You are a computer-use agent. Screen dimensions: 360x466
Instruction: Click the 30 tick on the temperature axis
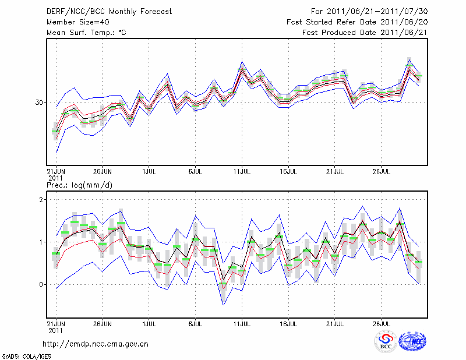click(x=40, y=103)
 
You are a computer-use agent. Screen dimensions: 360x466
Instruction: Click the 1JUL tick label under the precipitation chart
click(x=149, y=323)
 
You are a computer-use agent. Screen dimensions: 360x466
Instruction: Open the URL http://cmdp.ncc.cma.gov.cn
click(x=96, y=344)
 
